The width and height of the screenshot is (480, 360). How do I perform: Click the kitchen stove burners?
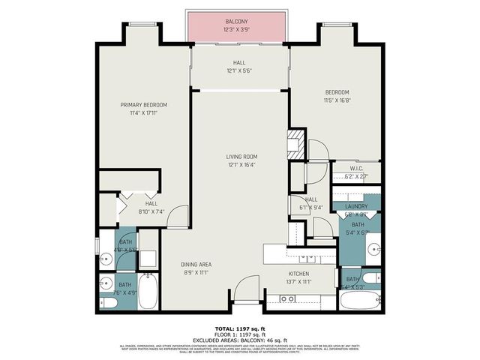pyautogui.click(x=286, y=298)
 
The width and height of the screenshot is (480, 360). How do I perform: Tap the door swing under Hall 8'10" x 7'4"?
pyautogui.click(x=178, y=218)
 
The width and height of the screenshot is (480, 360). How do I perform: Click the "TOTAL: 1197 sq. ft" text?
pyautogui.click(x=240, y=328)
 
